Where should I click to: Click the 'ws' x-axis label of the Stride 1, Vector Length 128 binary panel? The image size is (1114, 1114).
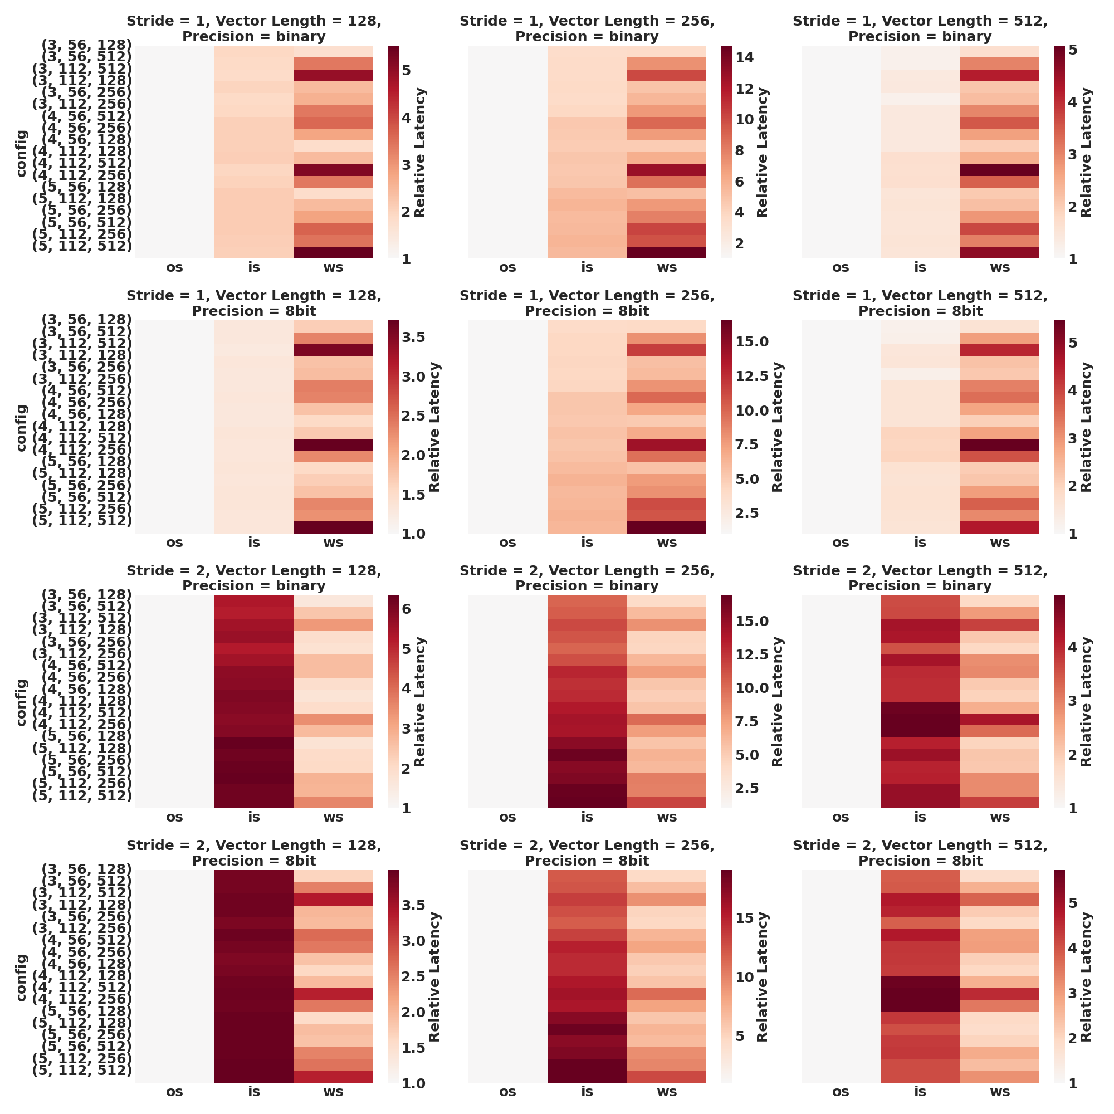tap(333, 267)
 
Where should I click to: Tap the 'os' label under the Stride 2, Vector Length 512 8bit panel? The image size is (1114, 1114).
tap(841, 1092)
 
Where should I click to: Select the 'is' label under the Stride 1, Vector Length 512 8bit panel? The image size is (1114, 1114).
tap(920, 542)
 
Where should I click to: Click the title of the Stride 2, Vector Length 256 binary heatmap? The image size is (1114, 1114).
tap(587, 578)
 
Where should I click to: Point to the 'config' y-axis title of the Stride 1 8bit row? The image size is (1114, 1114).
tap(21, 427)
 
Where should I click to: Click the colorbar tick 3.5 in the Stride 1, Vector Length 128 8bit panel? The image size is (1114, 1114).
tap(413, 338)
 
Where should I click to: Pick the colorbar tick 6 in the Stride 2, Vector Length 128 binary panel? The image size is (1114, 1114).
tap(406, 609)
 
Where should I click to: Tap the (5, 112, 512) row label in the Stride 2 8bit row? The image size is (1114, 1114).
tap(81, 1071)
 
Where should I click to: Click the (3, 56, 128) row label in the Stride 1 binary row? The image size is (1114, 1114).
tap(86, 45)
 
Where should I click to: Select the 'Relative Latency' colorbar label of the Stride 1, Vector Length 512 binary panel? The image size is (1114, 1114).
tap(1086, 152)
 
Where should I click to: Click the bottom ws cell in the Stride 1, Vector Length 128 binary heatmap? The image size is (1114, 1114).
tap(333, 252)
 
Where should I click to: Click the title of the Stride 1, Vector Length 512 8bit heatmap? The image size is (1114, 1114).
tap(920, 304)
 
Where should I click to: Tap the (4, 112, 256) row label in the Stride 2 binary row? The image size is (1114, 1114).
tap(81, 725)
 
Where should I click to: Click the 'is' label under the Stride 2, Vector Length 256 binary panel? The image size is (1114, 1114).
tap(587, 817)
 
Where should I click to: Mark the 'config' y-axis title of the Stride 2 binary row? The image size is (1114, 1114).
tap(21, 702)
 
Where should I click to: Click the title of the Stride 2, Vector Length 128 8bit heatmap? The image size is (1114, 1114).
tap(253, 853)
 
